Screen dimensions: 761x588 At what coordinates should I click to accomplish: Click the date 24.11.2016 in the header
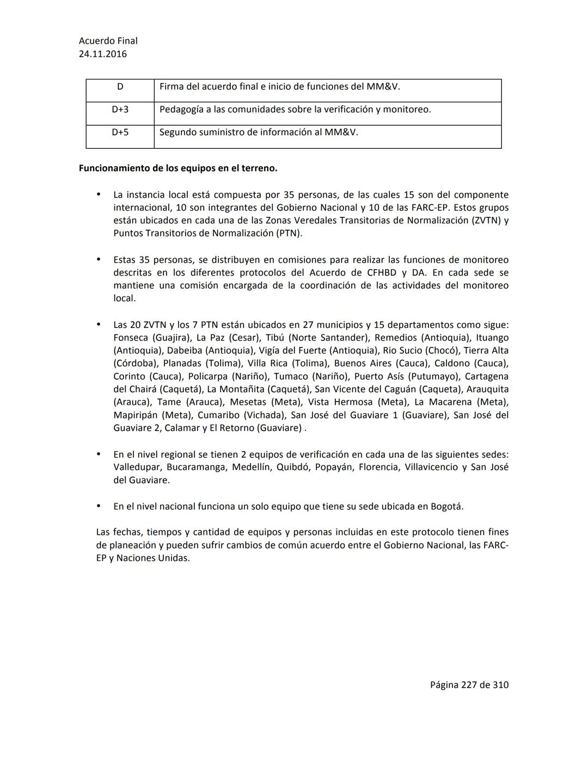tap(103, 54)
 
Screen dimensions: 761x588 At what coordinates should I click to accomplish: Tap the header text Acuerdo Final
tap(108, 41)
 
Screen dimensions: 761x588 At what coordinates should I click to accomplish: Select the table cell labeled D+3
tap(120, 109)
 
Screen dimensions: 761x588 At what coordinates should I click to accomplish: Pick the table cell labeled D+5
tap(120, 132)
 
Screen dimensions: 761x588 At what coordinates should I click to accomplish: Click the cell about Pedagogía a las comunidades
tap(295, 109)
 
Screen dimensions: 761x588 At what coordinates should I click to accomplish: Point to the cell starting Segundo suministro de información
tap(259, 132)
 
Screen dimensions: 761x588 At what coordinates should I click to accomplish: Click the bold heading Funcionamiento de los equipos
tap(178, 168)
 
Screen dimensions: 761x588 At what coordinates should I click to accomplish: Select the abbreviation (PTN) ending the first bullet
tap(289, 234)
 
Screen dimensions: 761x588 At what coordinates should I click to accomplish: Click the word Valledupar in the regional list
tap(137, 467)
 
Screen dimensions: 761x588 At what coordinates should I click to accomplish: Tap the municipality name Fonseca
tap(130, 338)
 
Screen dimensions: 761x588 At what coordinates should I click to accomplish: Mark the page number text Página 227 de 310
tap(469, 685)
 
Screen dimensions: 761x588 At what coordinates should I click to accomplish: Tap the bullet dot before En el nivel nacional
tap(99, 506)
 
